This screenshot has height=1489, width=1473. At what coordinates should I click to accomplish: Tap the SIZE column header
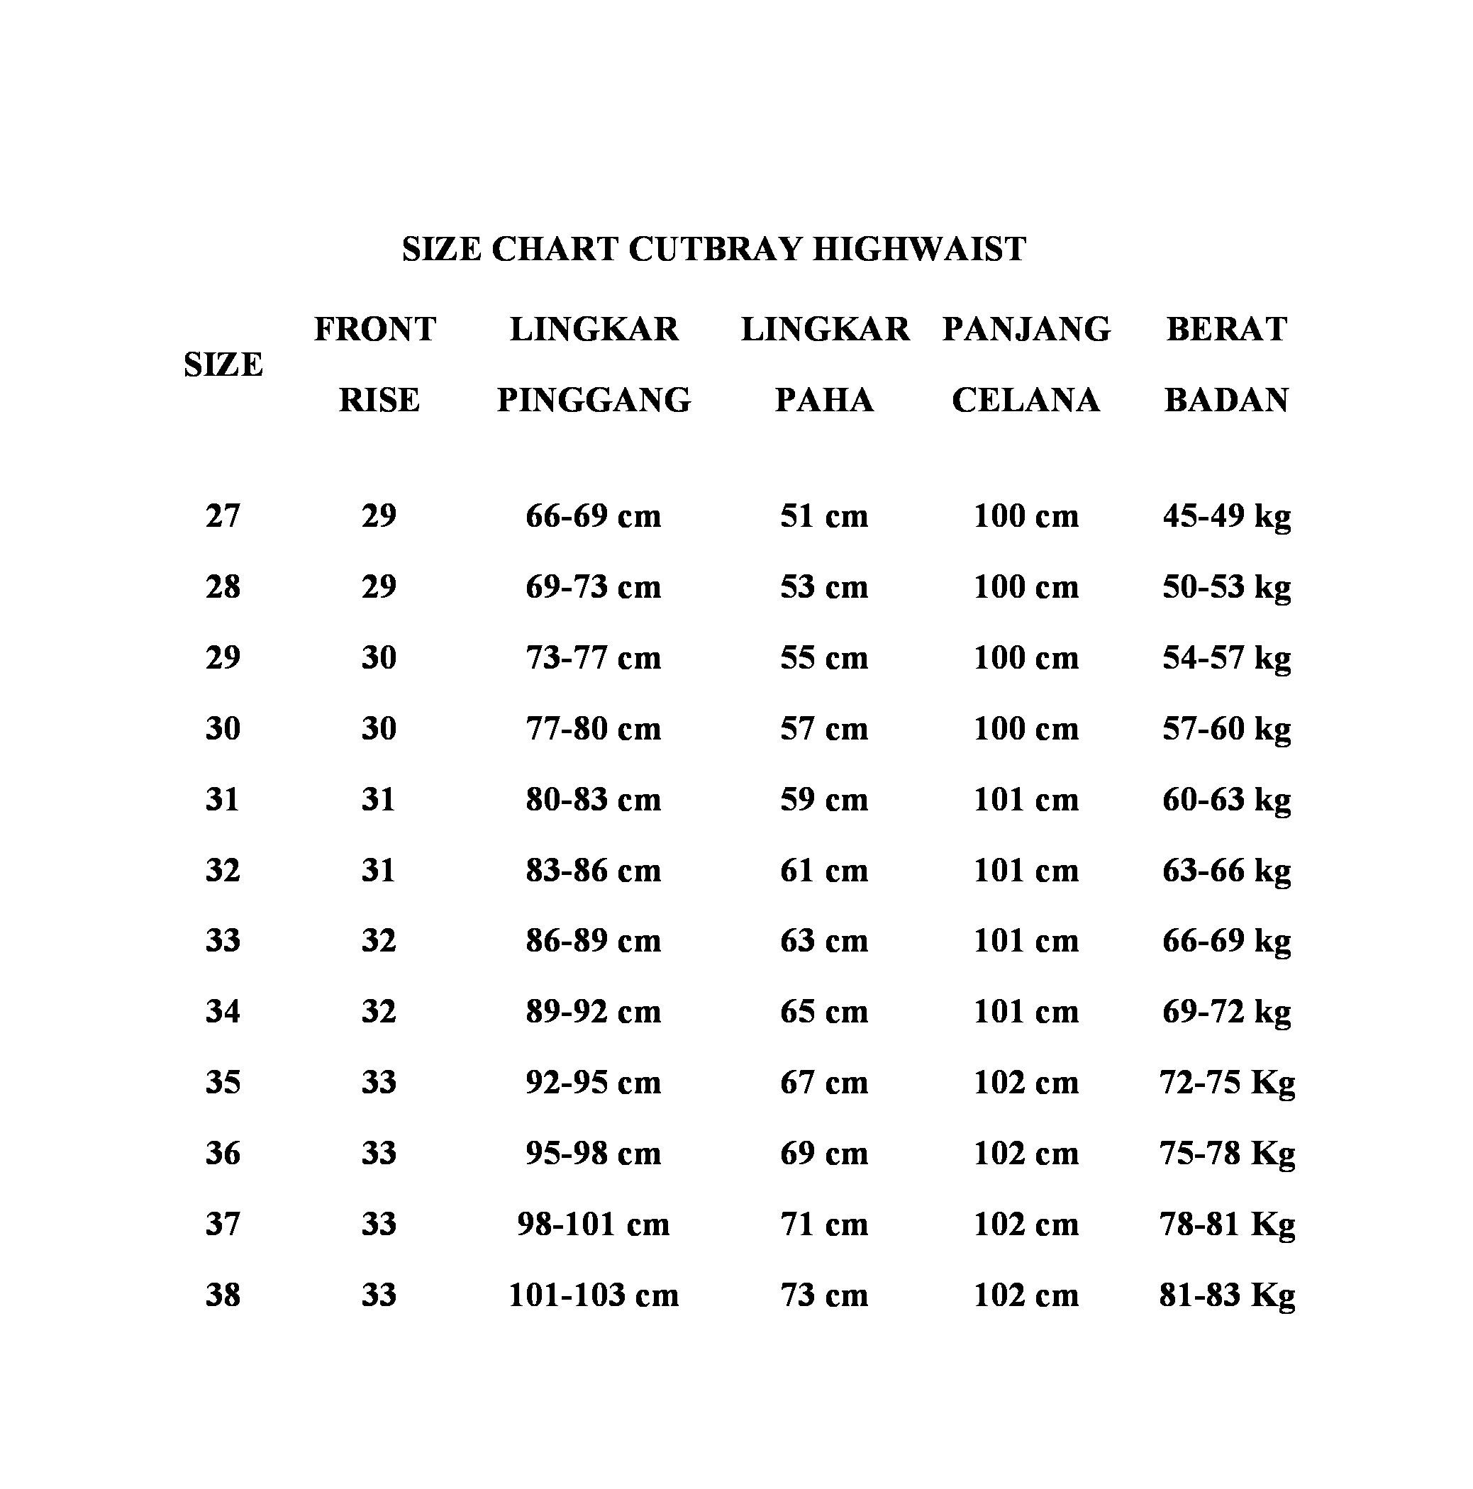[x=223, y=364]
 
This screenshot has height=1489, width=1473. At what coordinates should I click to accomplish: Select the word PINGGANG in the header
[x=594, y=400]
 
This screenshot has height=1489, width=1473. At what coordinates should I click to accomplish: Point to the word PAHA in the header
[x=823, y=400]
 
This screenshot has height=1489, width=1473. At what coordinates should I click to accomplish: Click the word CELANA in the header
[x=1025, y=400]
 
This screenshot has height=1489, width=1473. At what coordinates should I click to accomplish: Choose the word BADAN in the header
[x=1225, y=400]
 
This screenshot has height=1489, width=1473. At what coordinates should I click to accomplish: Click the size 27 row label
[x=223, y=515]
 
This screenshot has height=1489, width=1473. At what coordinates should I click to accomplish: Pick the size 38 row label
[x=223, y=1295]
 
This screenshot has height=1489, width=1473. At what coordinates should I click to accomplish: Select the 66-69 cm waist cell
[x=593, y=515]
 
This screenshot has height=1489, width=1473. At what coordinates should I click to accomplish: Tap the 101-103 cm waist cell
[x=593, y=1295]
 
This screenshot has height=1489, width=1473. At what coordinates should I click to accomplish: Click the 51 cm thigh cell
[x=823, y=515]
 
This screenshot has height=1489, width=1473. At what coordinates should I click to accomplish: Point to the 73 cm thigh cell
[x=823, y=1295]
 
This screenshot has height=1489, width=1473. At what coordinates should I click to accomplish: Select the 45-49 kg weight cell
[x=1225, y=515]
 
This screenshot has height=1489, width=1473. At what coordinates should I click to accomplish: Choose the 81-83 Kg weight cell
[x=1225, y=1295]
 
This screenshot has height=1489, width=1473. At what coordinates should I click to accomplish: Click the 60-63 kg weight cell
[x=1225, y=799]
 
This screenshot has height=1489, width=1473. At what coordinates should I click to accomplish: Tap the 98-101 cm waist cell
[x=593, y=1224]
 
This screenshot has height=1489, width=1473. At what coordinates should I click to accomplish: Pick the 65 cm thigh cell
[x=823, y=1011]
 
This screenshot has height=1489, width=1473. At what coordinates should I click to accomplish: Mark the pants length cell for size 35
[x=1025, y=1082]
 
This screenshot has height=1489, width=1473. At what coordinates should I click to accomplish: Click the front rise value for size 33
[x=379, y=940]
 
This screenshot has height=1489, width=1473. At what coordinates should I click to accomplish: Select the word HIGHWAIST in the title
[x=919, y=250]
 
